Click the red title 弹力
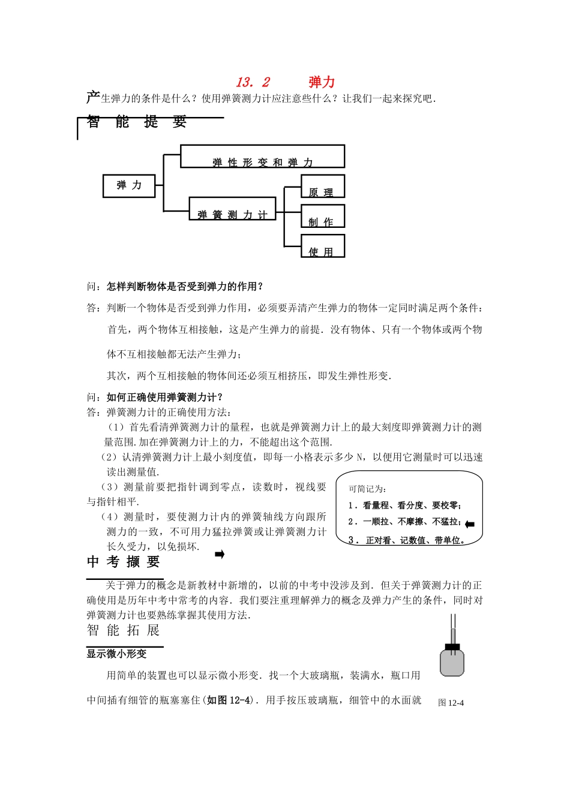coord(322,82)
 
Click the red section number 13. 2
coord(253,82)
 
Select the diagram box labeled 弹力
coord(129,186)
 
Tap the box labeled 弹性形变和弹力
coord(262,157)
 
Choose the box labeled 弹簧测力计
coord(232,209)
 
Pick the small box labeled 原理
coord(322,187)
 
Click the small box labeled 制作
coord(322,216)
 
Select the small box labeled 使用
coord(322,246)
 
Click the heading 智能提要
coord(137,122)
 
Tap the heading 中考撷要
coord(123,562)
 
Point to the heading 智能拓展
coord(123,630)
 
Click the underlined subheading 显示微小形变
coord(116,654)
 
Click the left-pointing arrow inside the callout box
coord(470,525)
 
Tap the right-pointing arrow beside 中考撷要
coord(220,555)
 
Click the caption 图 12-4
coord(451,703)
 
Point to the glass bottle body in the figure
coord(452,663)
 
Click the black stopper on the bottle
coord(452,646)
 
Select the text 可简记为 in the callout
coord(368,489)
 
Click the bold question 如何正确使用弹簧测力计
coord(165,397)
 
